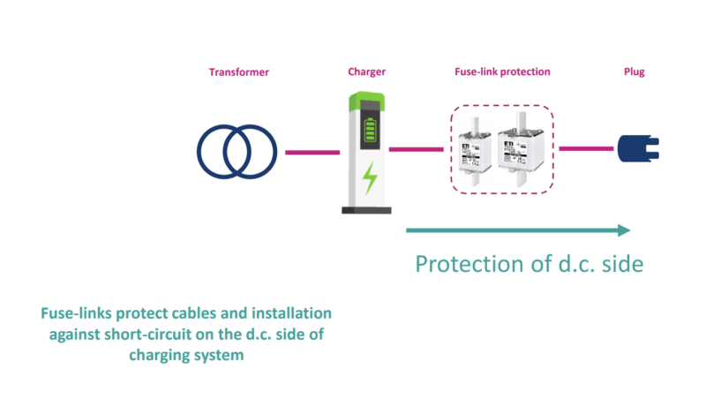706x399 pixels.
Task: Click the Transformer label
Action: point(236,72)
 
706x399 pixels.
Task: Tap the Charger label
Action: point(366,72)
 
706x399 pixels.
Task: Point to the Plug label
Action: point(634,72)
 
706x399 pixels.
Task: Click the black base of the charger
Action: point(366,209)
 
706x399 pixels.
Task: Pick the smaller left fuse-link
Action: point(476,149)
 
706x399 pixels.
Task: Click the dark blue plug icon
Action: point(633,148)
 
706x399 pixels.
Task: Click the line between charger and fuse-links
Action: point(416,149)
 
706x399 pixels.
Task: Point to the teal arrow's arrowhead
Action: point(625,230)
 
